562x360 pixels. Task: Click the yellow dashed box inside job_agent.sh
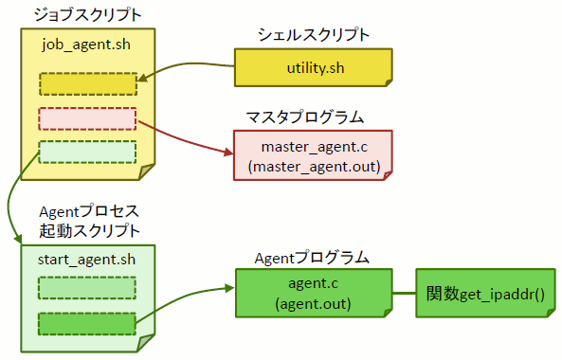pyautogui.click(x=88, y=84)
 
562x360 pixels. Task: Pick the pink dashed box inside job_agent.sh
pyautogui.click(x=88, y=119)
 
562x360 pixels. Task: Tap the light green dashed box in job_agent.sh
pyautogui.click(x=88, y=152)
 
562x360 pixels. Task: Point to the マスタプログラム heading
pyautogui.click(x=305, y=117)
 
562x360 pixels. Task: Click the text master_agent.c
pyautogui.click(x=313, y=147)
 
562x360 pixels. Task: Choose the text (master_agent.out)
pyautogui.click(x=313, y=167)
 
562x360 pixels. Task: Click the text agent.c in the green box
pyautogui.click(x=313, y=283)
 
